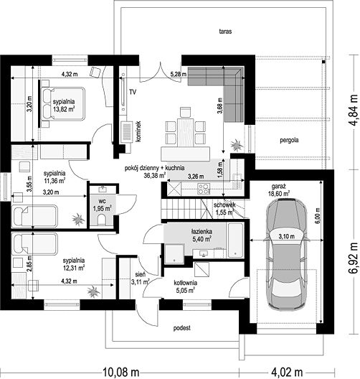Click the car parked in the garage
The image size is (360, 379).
tap(287, 254)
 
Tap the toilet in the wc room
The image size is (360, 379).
tap(102, 220)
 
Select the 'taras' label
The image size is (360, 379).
tap(225, 31)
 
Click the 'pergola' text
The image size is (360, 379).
tap(289, 140)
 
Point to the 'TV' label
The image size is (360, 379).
tap(133, 92)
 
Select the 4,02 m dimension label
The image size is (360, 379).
tap(287, 372)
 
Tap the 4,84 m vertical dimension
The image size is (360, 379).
tap(353, 110)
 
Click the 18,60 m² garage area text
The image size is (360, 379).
tap(279, 194)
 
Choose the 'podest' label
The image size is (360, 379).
tap(182, 328)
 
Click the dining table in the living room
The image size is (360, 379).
tap(186, 132)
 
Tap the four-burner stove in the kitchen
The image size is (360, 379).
tap(203, 189)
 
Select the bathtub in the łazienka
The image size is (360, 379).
tap(235, 240)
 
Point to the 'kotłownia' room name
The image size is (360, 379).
tap(186, 283)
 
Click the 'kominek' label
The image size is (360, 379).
tap(138, 131)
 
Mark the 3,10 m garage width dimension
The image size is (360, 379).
tap(287, 236)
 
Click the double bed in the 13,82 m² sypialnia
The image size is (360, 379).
tap(63, 103)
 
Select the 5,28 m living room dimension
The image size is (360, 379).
tap(179, 75)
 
